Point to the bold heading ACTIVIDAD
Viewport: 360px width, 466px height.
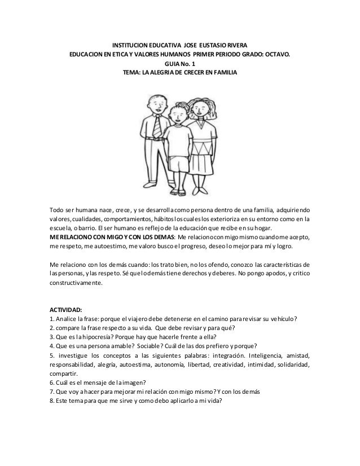click(65, 310)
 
